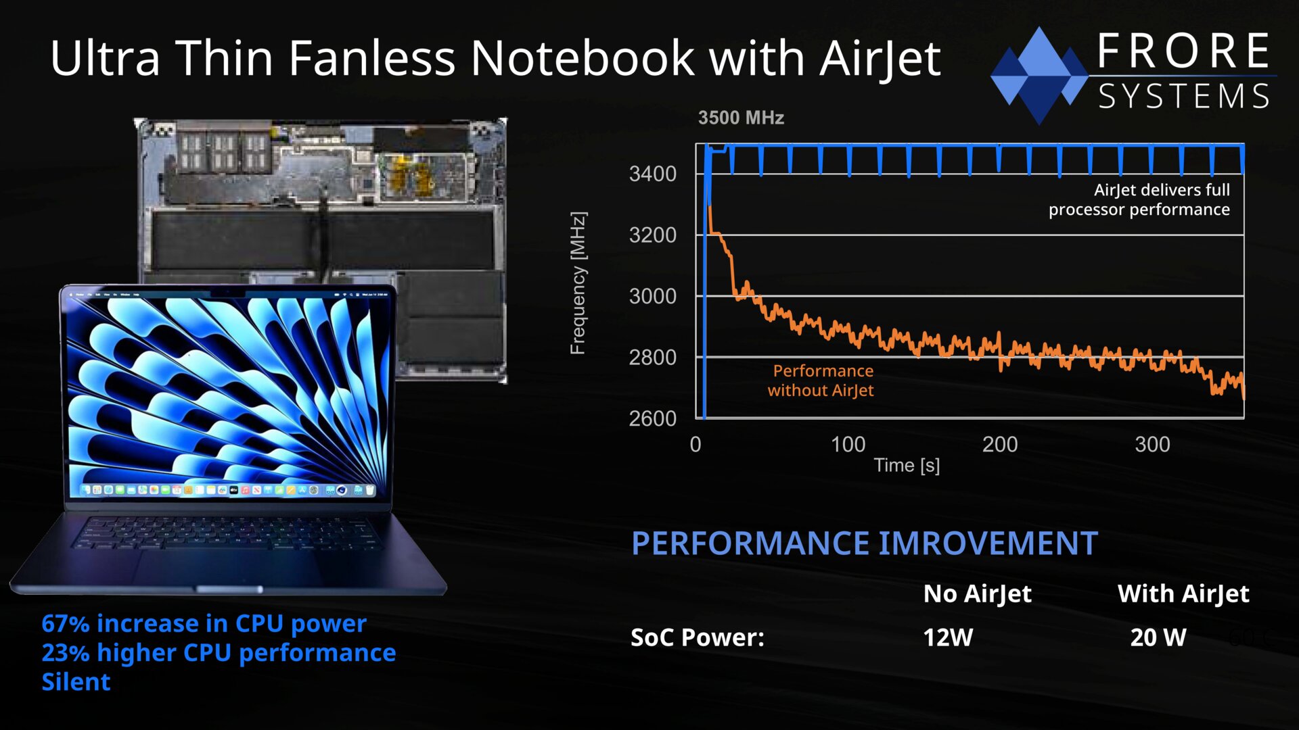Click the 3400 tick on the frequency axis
[x=652, y=174]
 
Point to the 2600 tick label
[x=652, y=419]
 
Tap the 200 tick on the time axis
[x=1000, y=445]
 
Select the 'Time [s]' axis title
[x=907, y=466]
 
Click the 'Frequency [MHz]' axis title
[x=578, y=283]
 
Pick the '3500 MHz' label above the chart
[x=741, y=118]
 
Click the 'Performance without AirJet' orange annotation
[x=821, y=381]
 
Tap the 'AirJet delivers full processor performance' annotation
[x=1139, y=200]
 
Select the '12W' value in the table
[x=948, y=637]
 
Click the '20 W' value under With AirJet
[x=1158, y=637]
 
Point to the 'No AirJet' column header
[x=978, y=594]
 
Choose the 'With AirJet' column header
[x=1183, y=594]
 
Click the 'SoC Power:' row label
[x=698, y=637]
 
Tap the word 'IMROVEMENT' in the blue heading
[x=988, y=543]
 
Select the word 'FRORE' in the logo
[x=1183, y=51]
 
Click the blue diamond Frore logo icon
[x=1039, y=75]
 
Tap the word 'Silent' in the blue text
[x=76, y=682]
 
